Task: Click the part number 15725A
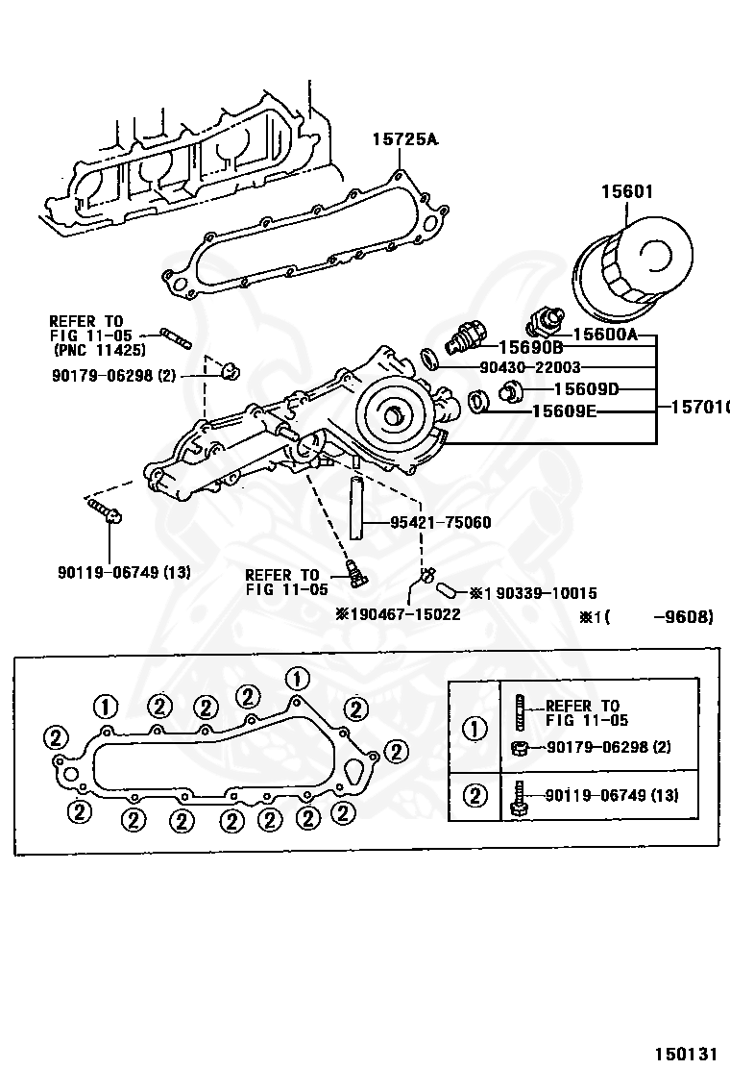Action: pyautogui.click(x=404, y=140)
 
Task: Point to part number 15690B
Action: pyautogui.click(x=529, y=348)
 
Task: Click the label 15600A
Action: pyautogui.click(x=605, y=335)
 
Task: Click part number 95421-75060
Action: pyautogui.click(x=441, y=523)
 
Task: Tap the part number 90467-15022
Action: pyautogui.click(x=403, y=613)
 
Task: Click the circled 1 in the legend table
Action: pyautogui.click(x=474, y=728)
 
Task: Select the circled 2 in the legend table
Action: pyautogui.click(x=474, y=795)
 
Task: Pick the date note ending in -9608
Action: pyautogui.click(x=646, y=617)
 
